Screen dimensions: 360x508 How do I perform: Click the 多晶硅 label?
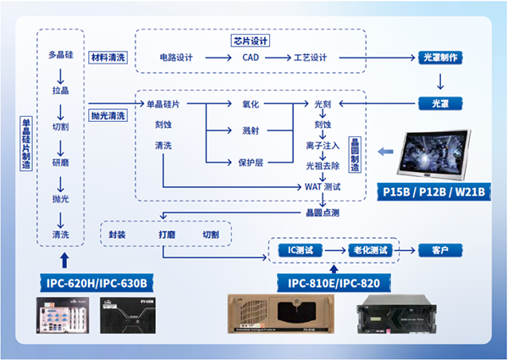61,56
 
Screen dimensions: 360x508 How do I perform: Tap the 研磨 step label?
61,162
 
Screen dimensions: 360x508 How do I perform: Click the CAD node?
251,58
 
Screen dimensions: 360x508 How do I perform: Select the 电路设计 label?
176,58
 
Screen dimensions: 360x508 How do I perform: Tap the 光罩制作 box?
439,58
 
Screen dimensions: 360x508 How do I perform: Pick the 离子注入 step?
323,146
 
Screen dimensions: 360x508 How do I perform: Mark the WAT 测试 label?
323,186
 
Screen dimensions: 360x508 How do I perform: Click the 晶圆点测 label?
322,210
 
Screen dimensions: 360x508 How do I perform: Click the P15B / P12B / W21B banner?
435,191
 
